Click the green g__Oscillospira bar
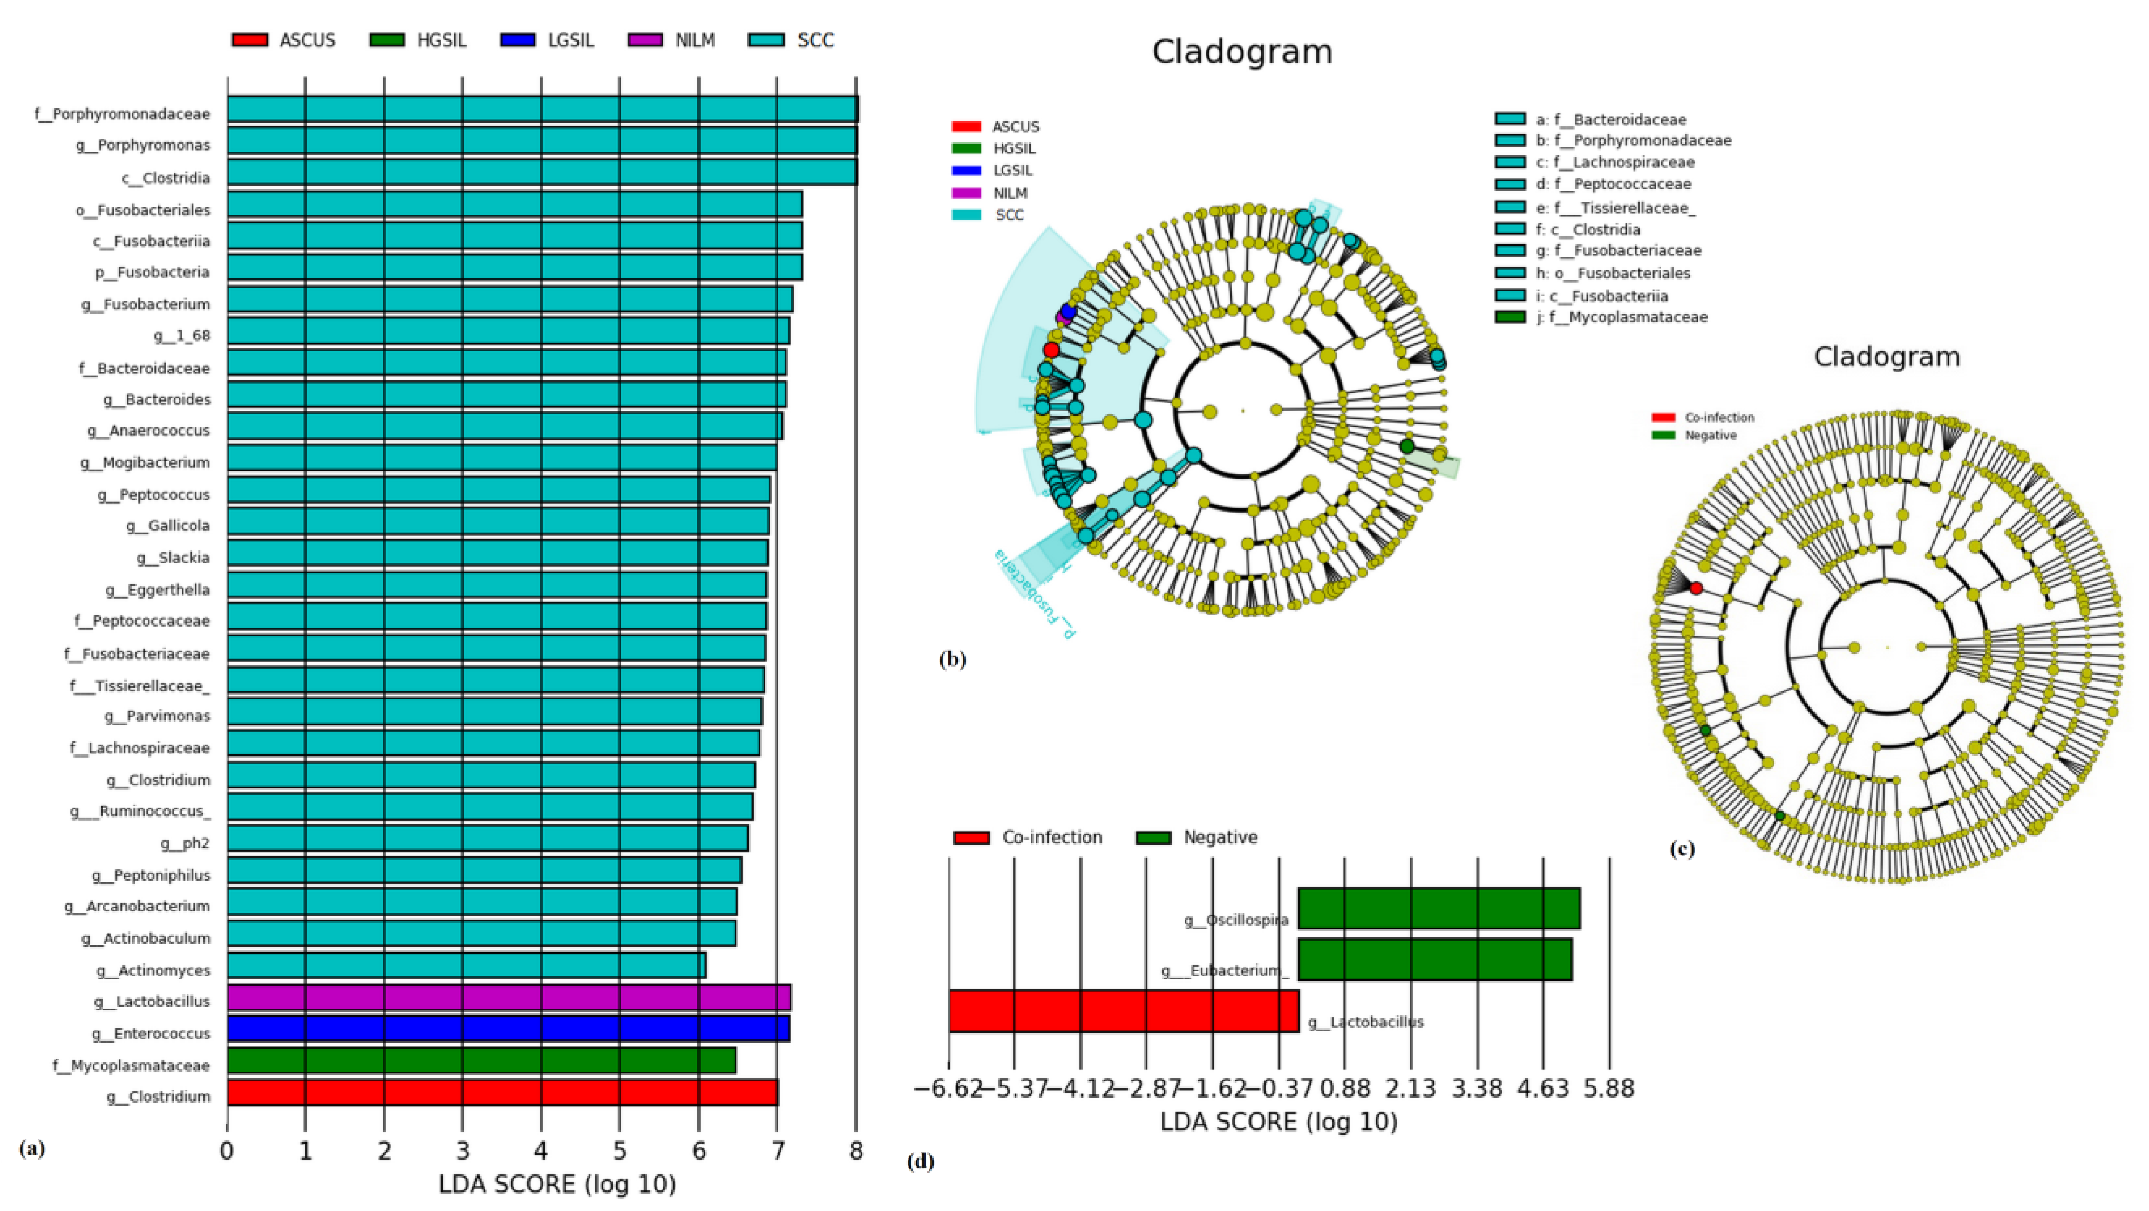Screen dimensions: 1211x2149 [1439, 908]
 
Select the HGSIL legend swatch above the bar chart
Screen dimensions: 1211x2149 [386, 40]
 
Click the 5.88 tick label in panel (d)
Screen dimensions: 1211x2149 [1609, 1088]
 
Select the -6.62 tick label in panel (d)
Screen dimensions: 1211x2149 [948, 1088]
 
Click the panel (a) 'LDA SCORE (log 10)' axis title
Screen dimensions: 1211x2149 [557, 1185]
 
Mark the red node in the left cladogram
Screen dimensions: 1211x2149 [1051, 350]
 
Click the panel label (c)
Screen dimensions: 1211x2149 [1682, 849]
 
